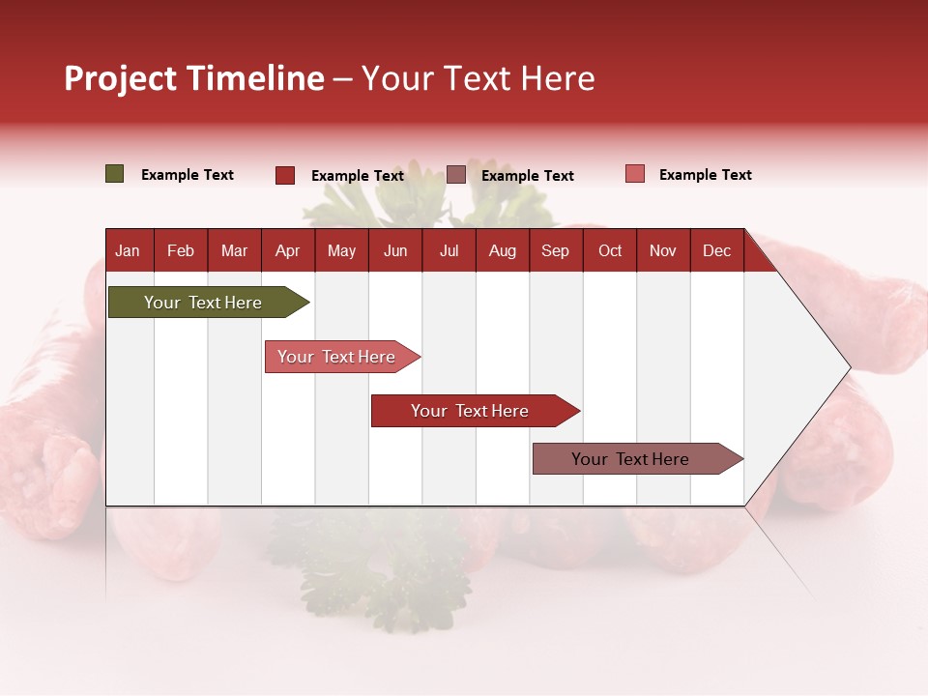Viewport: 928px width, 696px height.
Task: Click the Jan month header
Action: (128, 250)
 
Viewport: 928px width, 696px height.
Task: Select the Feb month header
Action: (181, 250)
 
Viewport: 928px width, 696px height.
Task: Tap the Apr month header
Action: (287, 250)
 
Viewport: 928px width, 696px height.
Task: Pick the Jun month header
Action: (395, 250)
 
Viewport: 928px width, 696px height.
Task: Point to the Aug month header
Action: (502, 250)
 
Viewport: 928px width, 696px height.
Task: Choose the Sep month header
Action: (555, 250)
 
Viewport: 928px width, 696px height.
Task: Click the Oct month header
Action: (610, 250)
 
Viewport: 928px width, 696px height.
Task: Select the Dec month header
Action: (716, 250)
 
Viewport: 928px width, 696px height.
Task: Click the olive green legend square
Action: (115, 174)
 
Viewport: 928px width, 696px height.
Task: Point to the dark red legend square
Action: (285, 175)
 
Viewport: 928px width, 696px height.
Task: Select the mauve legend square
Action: (456, 175)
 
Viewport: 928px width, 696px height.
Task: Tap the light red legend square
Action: (634, 174)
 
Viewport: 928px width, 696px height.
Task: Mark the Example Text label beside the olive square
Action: (188, 175)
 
